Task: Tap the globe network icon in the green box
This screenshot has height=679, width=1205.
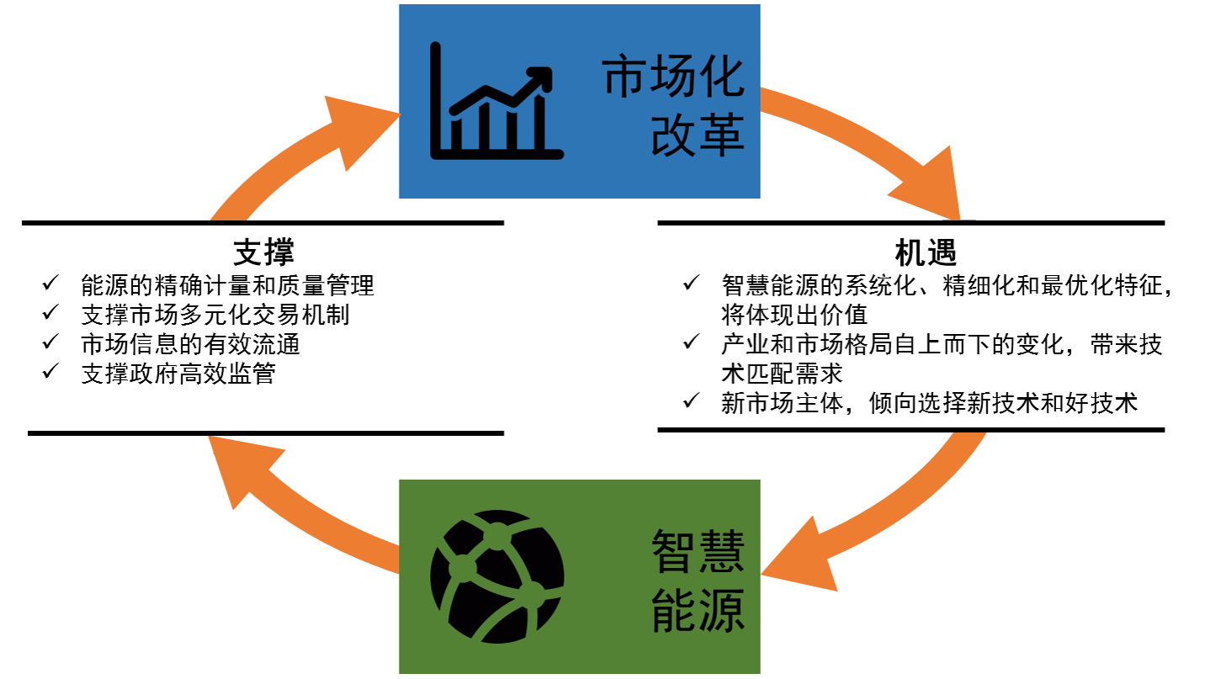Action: [x=496, y=577]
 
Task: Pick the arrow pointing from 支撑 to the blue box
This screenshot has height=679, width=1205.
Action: [x=303, y=151]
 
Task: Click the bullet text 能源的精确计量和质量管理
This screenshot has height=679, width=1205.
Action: [x=227, y=286]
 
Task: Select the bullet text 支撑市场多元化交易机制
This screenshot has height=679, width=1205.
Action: [x=215, y=316]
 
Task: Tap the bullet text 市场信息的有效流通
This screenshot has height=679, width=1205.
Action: [x=190, y=344]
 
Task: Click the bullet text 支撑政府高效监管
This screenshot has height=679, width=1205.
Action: [x=178, y=373]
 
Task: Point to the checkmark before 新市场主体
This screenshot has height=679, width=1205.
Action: [x=692, y=401]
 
